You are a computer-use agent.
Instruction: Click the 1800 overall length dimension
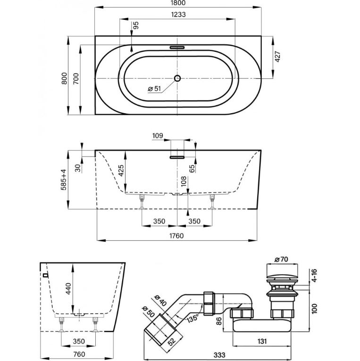pyautogui.click(x=178, y=4)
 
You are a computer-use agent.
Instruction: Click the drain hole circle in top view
pyautogui.click(x=177, y=78)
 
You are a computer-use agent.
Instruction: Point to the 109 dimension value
pyautogui.click(x=158, y=136)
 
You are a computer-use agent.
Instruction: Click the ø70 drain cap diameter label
pyautogui.click(x=281, y=259)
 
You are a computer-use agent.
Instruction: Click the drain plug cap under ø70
pyautogui.click(x=281, y=274)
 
